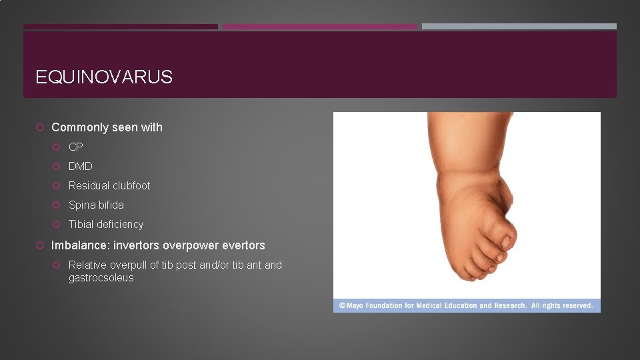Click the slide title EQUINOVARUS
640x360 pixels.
click(104, 77)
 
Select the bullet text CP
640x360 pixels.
click(76, 147)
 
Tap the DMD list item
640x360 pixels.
click(81, 166)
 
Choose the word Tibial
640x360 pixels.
click(83, 224)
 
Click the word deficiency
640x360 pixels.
click(121, 224)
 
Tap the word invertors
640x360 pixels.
click(137, 245)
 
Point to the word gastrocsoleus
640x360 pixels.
click(101, 277)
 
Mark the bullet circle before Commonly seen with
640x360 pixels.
click(41, 127)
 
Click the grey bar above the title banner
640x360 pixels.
click(519, 27)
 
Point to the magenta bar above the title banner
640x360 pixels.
click(319, 27)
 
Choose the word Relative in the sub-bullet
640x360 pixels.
click(89, 265)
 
